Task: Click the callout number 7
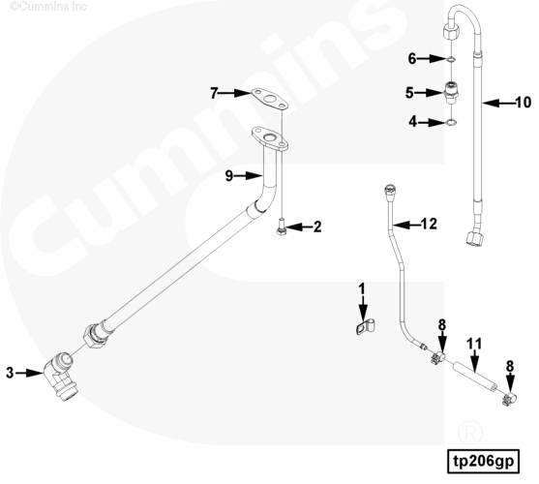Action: coord(214,93)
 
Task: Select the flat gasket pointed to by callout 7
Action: coord(269,100)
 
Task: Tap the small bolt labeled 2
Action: coord(282,227)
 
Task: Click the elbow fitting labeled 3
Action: coord(61,376)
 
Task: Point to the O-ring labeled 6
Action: coord(451,60)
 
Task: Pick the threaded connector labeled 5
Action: coord(451,93)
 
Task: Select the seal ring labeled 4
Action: coord(451,122)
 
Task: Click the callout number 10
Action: coord(524,103)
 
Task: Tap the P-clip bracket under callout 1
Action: coord(366,326)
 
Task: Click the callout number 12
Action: coord(429,224)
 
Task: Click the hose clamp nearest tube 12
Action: coord(436,357)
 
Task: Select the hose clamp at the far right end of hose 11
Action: coord(510,399)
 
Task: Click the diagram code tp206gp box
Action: coord(483,462)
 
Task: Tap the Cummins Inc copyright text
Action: coord(48,6)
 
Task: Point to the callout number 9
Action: coord(229,176)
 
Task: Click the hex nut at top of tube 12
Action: coord(390,190)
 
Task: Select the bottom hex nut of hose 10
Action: coord(475,238)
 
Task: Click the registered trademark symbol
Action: coord(470,432)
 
